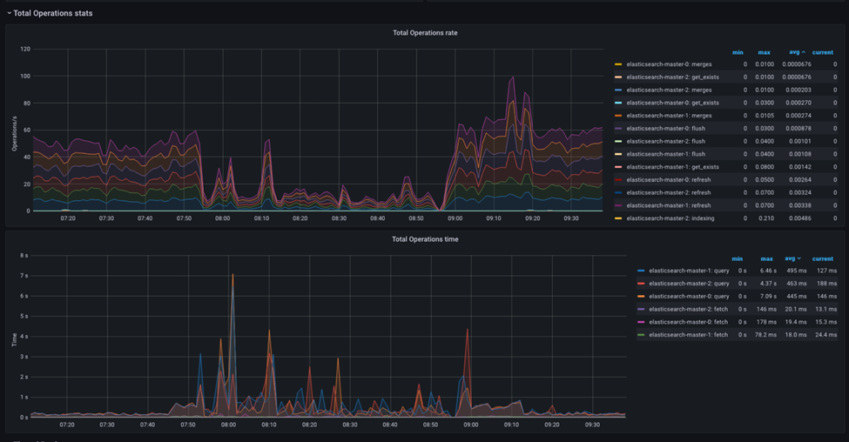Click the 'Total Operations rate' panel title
(x=425, y=33)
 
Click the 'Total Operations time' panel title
(x=425, y=239)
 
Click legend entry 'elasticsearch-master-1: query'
(x=689, y=271)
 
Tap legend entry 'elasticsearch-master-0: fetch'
(x=688, y=322)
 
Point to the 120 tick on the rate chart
(x=24, y=49)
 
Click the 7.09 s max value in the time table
(x=766, y=297)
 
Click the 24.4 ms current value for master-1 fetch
(x=823, y=335)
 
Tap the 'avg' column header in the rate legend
(x=794, y=52)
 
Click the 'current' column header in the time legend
(x=822, y=258)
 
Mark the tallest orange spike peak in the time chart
(x=232, y=275)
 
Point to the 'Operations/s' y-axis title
(x=15, y=131)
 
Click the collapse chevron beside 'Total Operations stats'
(x=9, y=13)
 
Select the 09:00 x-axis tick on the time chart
(x=470, y=425)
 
